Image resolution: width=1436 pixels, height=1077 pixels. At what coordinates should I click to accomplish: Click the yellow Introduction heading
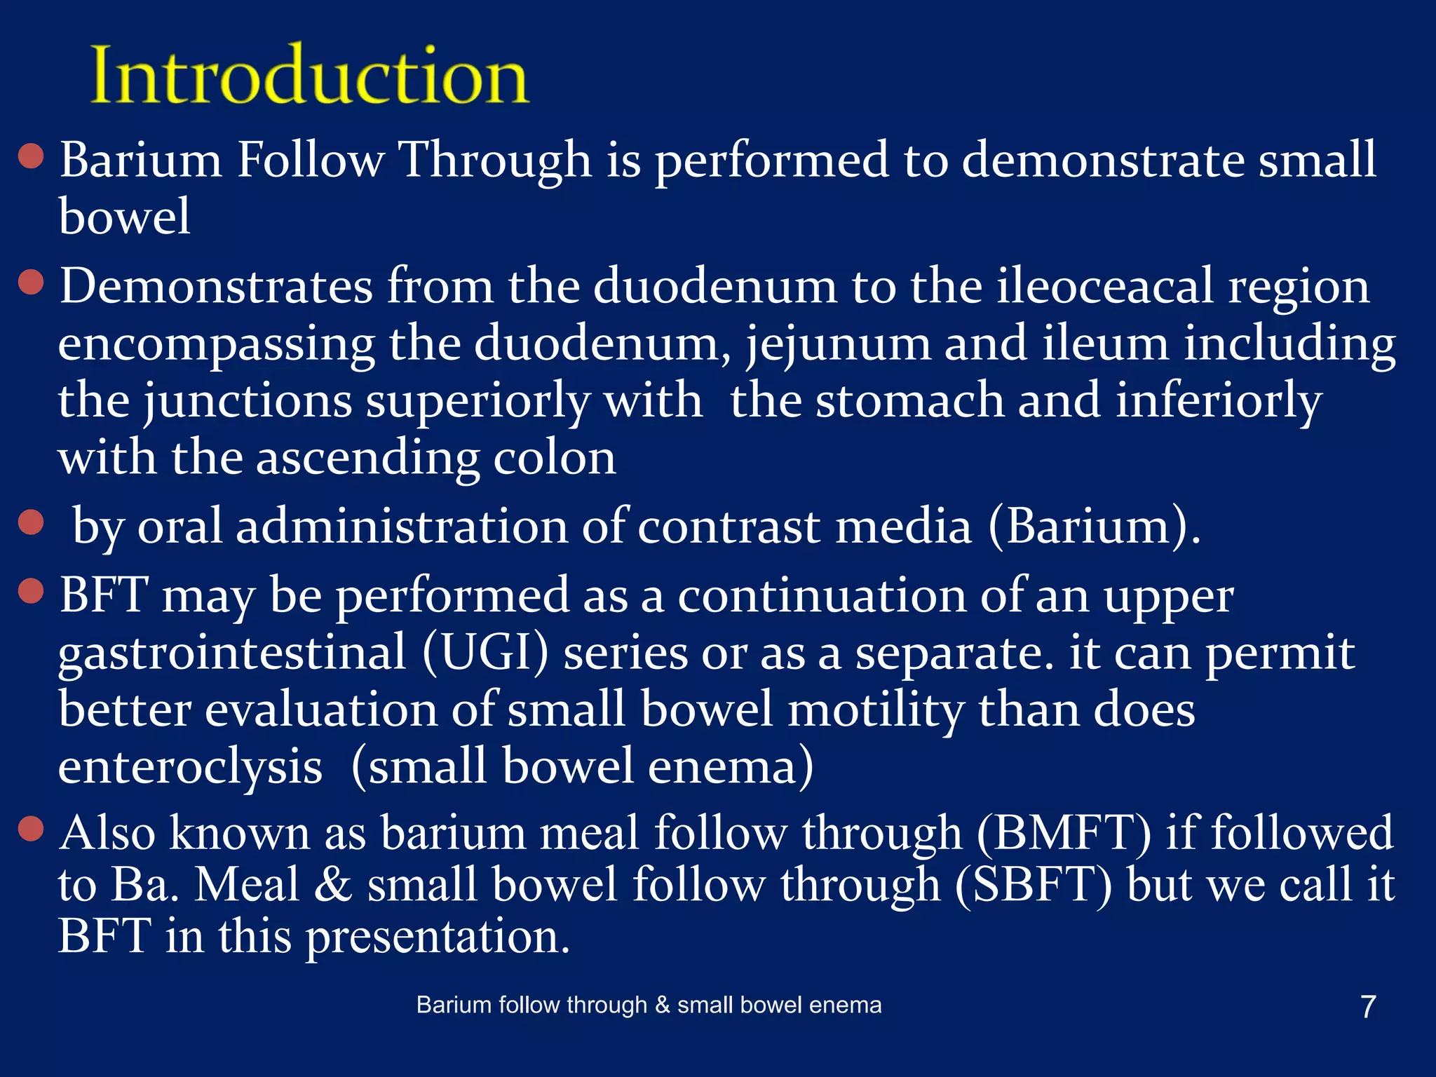coord(309,76)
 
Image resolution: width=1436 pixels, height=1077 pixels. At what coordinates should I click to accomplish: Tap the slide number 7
coord(1367,1007)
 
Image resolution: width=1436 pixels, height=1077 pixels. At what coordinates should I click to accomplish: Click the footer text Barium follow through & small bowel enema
coord(649,1005)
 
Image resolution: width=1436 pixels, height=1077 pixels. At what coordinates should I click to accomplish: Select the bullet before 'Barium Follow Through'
coord(32,156)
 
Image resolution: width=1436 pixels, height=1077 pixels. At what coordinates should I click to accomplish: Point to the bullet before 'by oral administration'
coord(32,522)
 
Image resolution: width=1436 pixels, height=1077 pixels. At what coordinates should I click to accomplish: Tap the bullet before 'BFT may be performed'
coord(32,590)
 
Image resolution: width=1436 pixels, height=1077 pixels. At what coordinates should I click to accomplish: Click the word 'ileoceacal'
coord(1104,286)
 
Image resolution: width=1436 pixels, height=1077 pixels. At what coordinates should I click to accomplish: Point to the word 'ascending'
coord(367,459)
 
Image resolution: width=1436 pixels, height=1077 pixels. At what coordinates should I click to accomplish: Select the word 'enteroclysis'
coord(190,767)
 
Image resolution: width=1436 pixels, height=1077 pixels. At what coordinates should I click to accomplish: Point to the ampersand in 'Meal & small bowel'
coord(332,885)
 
